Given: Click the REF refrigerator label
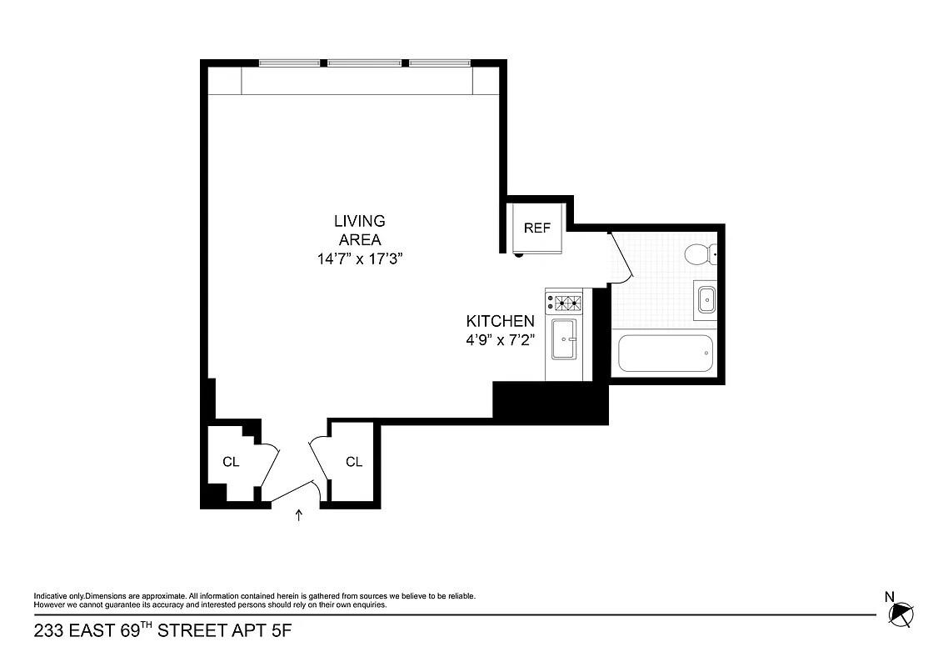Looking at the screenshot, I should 536,228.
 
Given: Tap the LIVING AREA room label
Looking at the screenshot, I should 359,230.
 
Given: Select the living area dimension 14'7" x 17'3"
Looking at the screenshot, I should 359,258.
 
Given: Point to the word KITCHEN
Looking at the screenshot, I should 500,321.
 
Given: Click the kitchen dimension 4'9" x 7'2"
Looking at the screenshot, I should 500,340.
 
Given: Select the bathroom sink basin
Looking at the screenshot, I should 706,298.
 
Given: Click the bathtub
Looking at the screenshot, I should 666,354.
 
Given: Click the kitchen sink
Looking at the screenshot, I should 564,339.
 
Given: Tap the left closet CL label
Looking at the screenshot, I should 231,462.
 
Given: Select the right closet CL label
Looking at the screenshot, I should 354,462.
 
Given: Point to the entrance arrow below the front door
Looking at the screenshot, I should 299,516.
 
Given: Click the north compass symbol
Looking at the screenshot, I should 901,615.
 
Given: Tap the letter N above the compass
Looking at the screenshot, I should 889,595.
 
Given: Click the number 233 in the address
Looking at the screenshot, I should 48,631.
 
